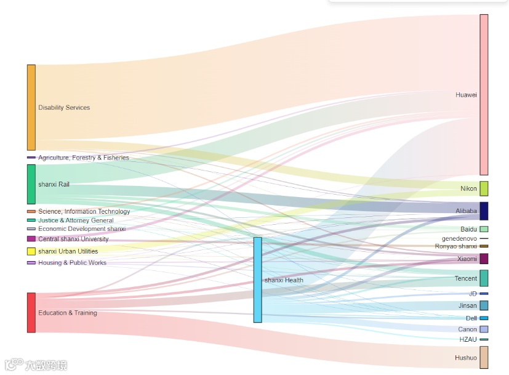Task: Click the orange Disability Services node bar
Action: [x=31, y=107]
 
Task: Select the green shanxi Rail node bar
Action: [x=31, y=184]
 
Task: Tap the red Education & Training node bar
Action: [x=31, y=313]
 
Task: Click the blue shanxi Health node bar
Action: [x=257, y=280]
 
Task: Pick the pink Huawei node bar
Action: [x=484, y=95]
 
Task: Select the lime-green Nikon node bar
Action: [x=484, y=188]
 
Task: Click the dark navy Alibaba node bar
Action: [x=484, y=211]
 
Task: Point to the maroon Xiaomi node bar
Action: [x=484, y=259]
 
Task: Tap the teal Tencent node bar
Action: [x=484, y=278]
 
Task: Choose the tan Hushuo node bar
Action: [x=484, y=357]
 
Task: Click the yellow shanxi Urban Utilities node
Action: [x=31, y=251]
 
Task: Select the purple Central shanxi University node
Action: [x=31, y=239]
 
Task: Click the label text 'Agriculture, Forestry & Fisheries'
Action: [x=84, y=158]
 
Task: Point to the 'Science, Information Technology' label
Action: [x=84, y=212]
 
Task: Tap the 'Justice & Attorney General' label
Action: [x=76, y=220]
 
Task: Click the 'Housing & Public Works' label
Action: [x=72, y=263]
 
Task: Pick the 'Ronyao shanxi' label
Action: [x=456, y=246]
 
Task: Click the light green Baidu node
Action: [x=484, y=229]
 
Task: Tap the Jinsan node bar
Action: [x=484, y=305]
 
